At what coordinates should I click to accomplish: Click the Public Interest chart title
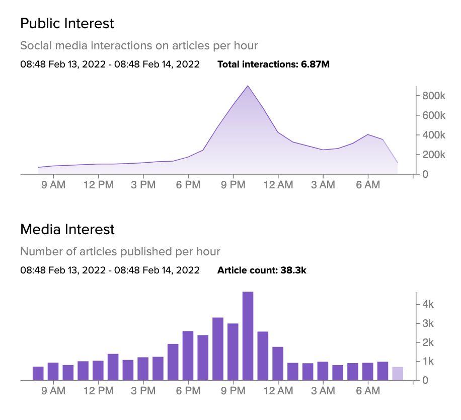click(67, 24)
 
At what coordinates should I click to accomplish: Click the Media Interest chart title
click(67, 230)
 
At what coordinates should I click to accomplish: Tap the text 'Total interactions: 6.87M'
click(273, 64)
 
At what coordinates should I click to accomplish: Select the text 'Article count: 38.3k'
click(262, 270)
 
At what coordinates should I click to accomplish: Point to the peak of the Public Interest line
click(248, 86)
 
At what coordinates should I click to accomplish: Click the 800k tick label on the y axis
click(433, 96)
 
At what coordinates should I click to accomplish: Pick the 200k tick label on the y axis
click(433, 155)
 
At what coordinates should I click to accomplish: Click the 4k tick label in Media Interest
click(428, 304)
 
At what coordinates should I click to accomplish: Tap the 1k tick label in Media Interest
click(428, 361)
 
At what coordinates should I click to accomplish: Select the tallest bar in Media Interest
click(248, 336)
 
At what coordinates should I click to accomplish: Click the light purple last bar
click(398, 374)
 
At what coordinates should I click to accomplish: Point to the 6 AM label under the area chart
click(368, 185)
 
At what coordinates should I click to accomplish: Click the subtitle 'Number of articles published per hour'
click(120, 251)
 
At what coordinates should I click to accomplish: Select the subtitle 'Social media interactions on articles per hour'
click(139, 46)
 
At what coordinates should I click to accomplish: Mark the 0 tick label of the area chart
click(425, 174)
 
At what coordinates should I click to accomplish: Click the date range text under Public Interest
click(110, 64)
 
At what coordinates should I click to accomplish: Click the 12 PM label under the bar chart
click(98, 391)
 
